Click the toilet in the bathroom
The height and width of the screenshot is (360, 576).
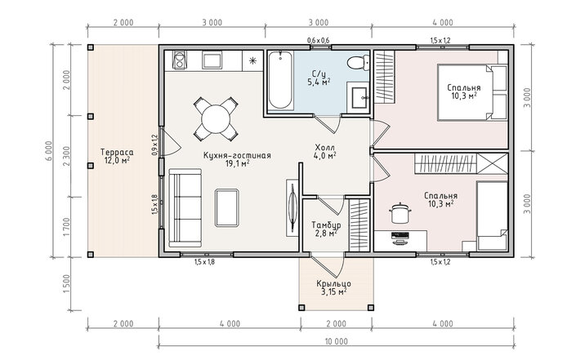[x=358, y=62]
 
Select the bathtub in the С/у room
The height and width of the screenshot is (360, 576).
[x=280, y=80]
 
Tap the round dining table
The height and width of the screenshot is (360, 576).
[x=216, y=119]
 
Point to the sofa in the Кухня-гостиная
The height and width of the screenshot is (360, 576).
[x=185, y=207]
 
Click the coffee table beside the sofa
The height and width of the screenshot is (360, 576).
[x=227, y=207]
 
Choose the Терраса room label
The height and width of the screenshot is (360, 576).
[x=117, y=153]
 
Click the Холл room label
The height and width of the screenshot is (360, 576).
[x=324, y=148]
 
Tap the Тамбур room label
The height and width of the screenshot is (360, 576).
[x=326, y=224]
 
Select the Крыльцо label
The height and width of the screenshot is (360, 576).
[x=333, y=283]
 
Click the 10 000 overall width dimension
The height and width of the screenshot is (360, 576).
[x=336, y=342]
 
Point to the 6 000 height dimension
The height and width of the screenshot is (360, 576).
[x=50, y=151]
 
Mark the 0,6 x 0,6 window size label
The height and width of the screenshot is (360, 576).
[x=318, y=40]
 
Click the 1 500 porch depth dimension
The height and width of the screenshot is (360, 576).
[x=66, y=283]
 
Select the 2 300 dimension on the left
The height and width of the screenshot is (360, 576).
[x=66, y=157]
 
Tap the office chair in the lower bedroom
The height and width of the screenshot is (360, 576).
[x=400, y=213]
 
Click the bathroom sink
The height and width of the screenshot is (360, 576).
[x=358, y=97]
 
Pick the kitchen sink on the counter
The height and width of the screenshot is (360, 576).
[x=212, y=60]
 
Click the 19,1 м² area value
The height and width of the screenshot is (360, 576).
[x=238, y=163]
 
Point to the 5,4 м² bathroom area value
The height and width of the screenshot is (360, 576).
[x=318, y=82]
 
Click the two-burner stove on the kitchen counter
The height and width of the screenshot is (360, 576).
[x=180, y=60]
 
